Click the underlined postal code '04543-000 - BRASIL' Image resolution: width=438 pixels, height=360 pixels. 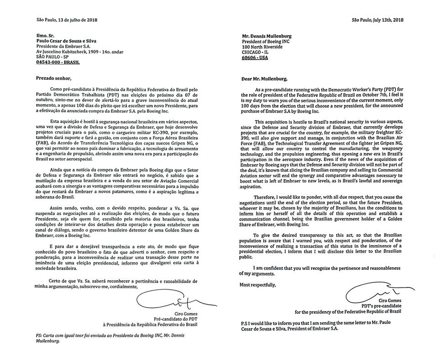[63, 61]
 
